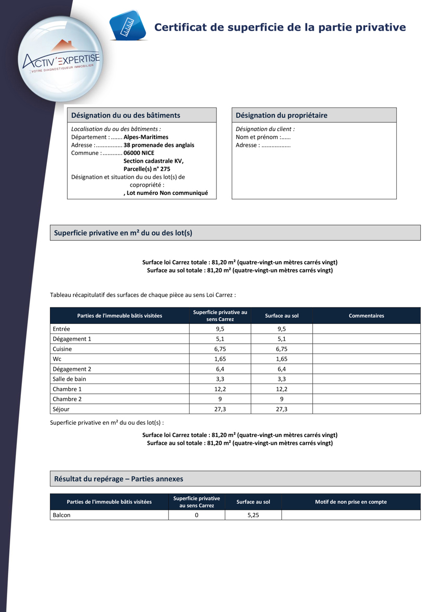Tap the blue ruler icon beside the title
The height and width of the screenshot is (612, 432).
[x=127, y=25]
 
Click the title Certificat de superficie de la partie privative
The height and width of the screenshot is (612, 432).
[x=280, y=28]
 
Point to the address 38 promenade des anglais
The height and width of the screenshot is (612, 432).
[x=159, y=145]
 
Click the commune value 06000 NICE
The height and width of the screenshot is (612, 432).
[x=139, y=153]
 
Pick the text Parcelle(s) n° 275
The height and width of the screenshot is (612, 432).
[x=147, y=169]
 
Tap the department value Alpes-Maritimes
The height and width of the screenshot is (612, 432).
[x=146, y=137]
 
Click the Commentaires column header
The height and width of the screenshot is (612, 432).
[x=366, y=316]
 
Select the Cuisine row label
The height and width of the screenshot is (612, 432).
[x=62, y=349]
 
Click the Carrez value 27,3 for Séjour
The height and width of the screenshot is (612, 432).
[x=220, y=409]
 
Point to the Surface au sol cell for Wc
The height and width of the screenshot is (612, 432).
[x=281, y=359]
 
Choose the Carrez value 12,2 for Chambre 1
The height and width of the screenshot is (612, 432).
[x=220, y=389]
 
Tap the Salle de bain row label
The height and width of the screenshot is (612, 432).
[x=69, y=379]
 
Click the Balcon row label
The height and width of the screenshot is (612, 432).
[x=62, y=515]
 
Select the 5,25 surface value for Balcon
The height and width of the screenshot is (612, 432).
[x=253, y=515]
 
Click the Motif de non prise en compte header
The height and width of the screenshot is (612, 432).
[x=350, y=502]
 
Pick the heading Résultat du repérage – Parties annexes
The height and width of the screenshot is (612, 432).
[x=119, y=479]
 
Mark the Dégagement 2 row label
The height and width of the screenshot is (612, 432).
[x=72, y=369]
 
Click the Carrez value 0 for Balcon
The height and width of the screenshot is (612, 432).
[x=197, y=515]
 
